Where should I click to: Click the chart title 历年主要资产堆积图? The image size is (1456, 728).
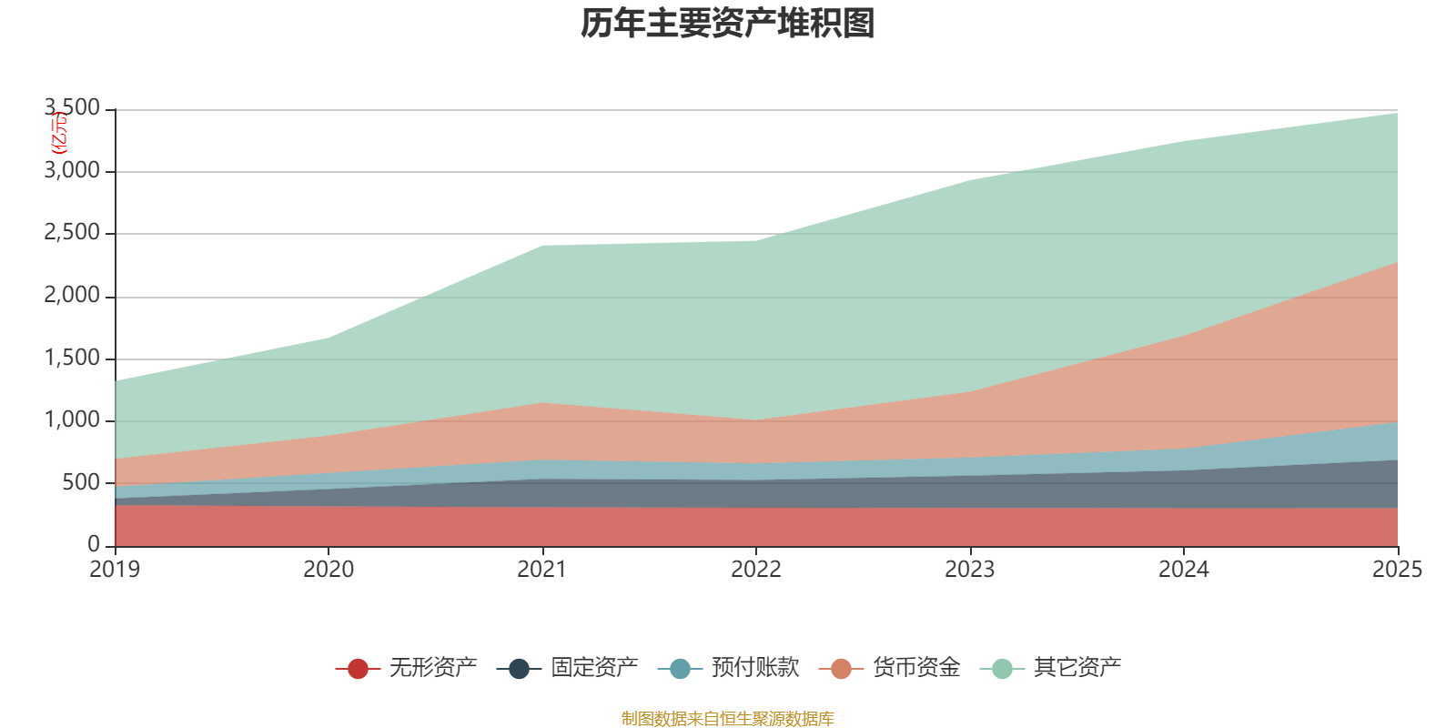728,24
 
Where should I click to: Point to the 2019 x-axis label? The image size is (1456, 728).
115,570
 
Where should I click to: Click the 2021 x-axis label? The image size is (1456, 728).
542,570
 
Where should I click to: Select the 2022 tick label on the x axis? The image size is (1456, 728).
756,570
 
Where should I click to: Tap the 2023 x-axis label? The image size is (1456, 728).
970,570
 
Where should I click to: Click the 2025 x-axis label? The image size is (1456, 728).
1397,570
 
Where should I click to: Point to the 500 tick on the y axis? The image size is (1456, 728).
81,482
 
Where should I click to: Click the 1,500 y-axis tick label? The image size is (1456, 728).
72,358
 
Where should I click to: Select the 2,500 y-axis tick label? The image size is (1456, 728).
72,233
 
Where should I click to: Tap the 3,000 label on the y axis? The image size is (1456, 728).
72,170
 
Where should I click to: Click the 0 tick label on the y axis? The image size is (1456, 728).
94,544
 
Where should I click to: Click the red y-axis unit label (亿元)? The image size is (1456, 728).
58,133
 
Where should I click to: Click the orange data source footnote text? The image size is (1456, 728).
728,719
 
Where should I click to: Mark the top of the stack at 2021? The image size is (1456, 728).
542,246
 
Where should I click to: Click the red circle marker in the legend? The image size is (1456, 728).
358,669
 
